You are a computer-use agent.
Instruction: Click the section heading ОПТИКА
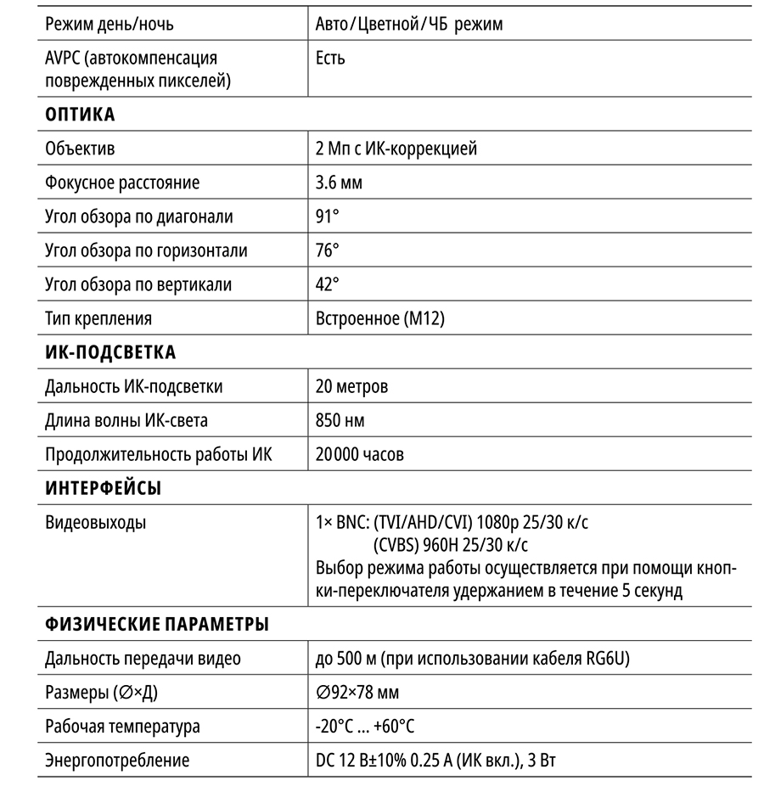[80, 115]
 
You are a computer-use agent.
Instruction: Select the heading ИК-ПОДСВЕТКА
[110, 352]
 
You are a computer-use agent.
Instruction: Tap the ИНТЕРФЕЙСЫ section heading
[103, 488]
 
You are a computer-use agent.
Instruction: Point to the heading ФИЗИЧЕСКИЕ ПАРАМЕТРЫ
[157, 625]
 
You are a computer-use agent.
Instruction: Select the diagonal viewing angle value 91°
[327, 216]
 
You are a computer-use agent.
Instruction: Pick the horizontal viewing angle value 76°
[327, 250]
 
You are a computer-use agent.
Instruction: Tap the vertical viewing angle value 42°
[327, 284]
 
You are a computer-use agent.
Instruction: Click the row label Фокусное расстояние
[122, 183]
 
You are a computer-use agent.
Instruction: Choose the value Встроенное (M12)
[379, 318]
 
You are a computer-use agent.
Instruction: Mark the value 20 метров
[351, 387]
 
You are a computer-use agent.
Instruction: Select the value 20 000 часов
[359, 454]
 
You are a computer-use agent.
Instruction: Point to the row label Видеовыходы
[95, 522]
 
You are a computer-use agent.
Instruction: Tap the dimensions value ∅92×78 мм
[357, 693]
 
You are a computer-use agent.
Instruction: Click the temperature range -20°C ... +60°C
[364, 727]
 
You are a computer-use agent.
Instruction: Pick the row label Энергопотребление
[117, 761]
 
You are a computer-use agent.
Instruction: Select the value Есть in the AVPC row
[330, 59]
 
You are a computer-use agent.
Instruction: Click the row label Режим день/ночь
[110, 24]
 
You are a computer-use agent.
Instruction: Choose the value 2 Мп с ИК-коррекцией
[396, 149]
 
